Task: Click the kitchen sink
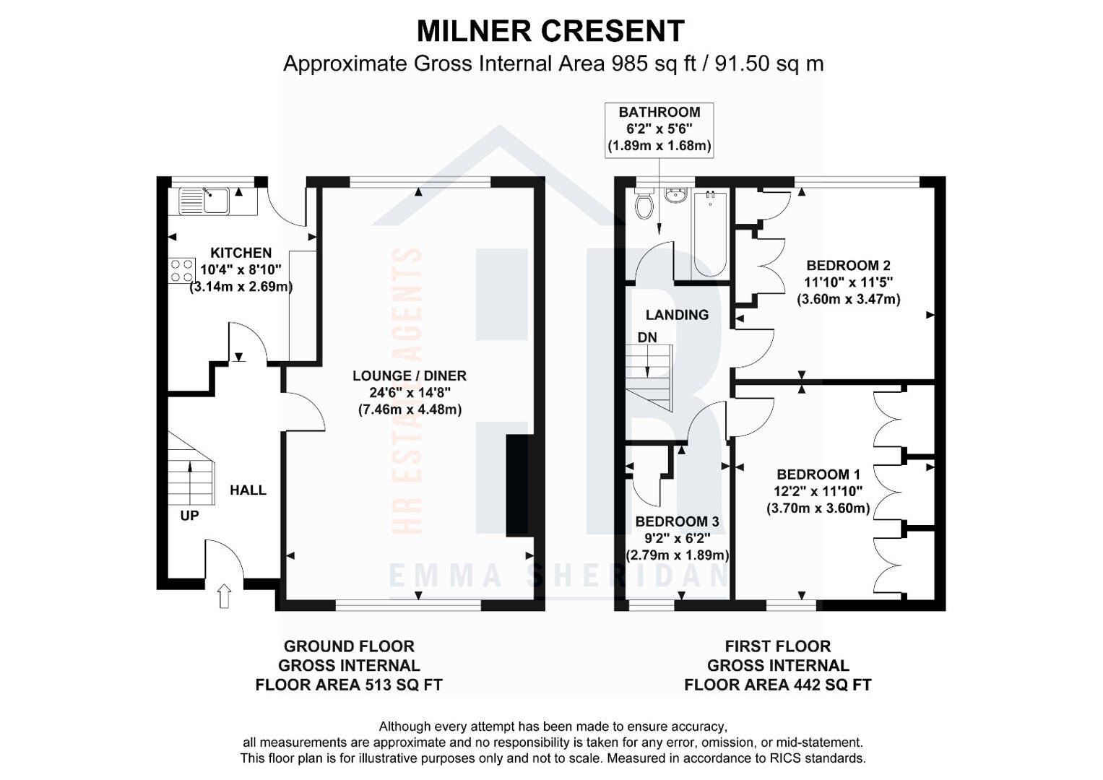[204, 201]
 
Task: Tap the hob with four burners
[181, 271]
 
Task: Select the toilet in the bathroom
[644, 204]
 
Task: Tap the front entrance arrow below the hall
[224, 596]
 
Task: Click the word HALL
[248, 490]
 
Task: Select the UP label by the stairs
[189, 516]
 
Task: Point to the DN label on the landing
[647, 337]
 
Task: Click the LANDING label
[677, 315]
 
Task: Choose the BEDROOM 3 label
[677, 521]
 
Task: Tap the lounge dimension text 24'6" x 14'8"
[410, 392]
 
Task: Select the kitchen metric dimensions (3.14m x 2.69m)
[241, 287]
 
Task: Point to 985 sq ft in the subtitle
[654, 64]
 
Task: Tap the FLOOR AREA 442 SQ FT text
[778, 685]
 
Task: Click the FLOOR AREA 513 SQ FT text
[349, 685]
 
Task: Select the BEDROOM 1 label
[818, 474]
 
